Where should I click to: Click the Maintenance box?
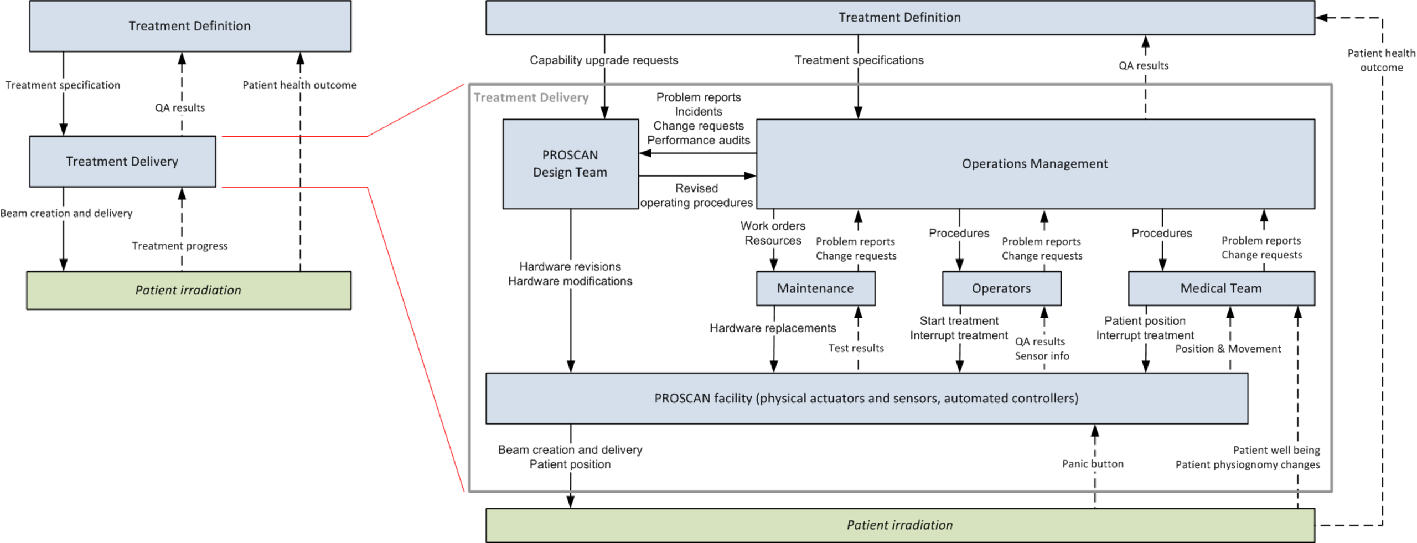pyautogui.click(x=815, y=288)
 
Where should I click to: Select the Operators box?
pyautogui.click(x=1001, y=288)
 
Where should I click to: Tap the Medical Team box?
pyautogui.click(x=1221, y=288)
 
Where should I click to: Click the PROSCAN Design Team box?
pyautogui.click(x=570, y=164)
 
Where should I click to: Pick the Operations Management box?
pyautogui.click(x=1035, y=164)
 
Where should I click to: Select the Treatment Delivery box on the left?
pyautogui.click(x=122, y=161)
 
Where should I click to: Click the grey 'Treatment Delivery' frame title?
pyautogui.click(x=531, y=97)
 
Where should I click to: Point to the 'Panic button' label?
pyautogui.click(x=1093, y=464)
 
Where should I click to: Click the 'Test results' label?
pyautogui.click(x=856, y=348)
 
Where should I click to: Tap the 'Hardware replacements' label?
pyautogui.click(x=773, y=328)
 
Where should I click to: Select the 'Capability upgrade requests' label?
pyautogui.click(x=603, y=60)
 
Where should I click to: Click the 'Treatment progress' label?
pyautogui.click(x=179, y=246)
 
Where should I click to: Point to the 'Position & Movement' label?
pyautogui.click(x=1228, y=349)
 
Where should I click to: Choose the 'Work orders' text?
pyautogui.click(x=773, y=226)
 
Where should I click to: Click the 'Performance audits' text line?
pyautogui.click(x=699, y=140)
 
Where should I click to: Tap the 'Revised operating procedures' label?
pyautogui.click(x=696, y=195)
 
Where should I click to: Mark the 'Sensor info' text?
pyautogui.click(x=1042, y=356)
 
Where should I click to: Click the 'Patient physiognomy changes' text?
pyautogui.click(x=1248, y=464)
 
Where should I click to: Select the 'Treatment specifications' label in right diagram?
pyautogui.click(x=859, y=60)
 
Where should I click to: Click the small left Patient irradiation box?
pyautogui.click(x=189, y=290)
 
